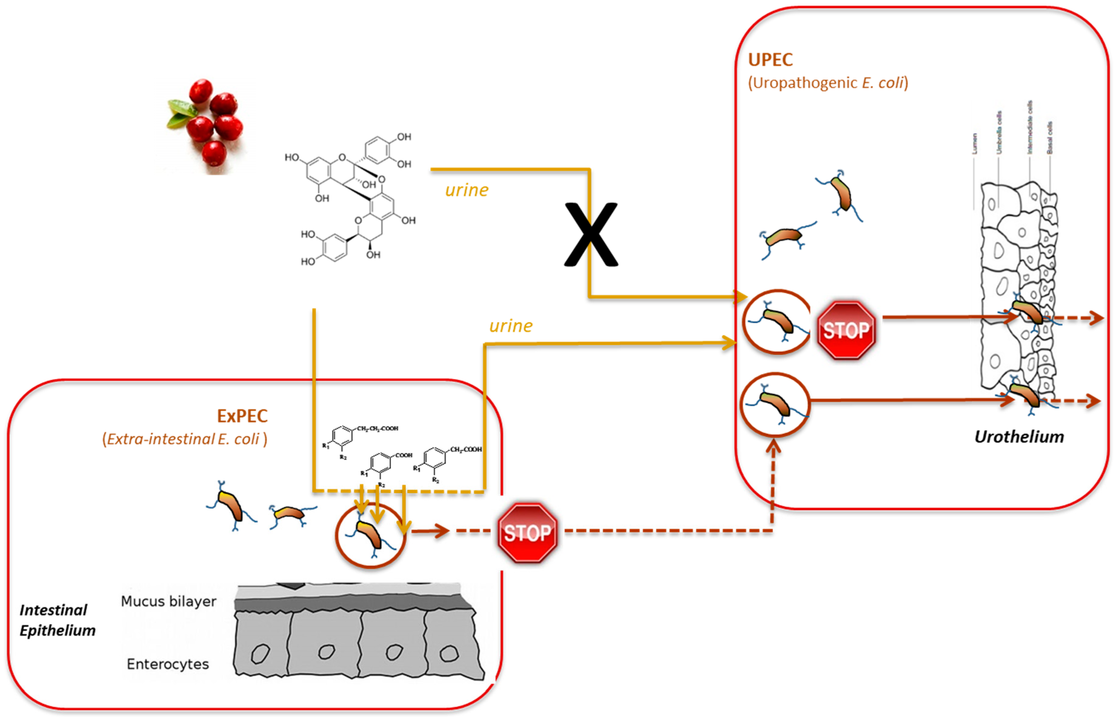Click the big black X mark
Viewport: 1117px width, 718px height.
[591, 234]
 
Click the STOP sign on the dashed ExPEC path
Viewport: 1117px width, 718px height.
[527, 532]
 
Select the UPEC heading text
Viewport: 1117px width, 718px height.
[770, 60]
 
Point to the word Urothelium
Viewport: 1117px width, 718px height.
[1019, 437]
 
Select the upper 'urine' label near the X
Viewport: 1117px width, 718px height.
[466, 190]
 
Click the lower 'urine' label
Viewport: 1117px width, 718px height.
[511, 326]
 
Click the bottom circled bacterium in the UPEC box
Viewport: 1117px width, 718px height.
[775, 404]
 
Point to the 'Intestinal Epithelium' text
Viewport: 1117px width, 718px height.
[57, 620]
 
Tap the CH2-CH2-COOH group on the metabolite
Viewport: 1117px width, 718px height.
[377, 428]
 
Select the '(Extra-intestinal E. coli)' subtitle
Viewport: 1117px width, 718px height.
[185, 439]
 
